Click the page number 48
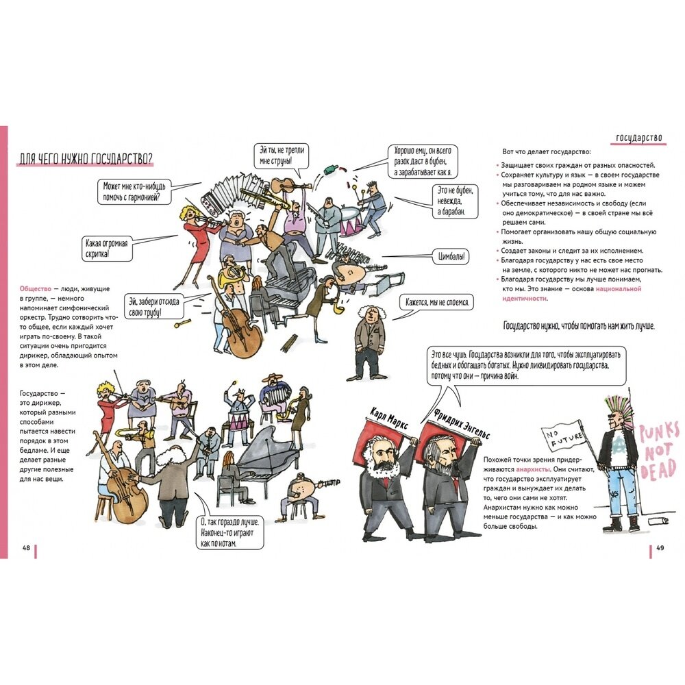pyautogui.click(x=27, y=547)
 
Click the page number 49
pyautogui.click(x=660, y=547)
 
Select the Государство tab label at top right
pyautogui.click(x=639, y=137)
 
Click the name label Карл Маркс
pyautogui.click(x=388, y=419)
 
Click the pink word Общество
pyautogui.click(x=36, y=290)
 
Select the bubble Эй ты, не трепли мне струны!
pyautogui.click(x=282, y=155)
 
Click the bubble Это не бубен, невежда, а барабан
pyautogui.click(x=453, y=201)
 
